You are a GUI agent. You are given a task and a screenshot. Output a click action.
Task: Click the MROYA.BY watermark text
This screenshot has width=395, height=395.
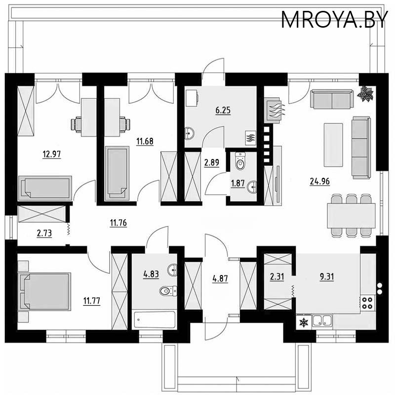pyautogui.click(x=334, y=20)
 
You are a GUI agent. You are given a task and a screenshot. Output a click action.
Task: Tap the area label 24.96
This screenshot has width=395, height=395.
pyautogui.click(x=319, y=181)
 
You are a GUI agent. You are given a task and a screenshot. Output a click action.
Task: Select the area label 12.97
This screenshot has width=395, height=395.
pyautogui.click(x=52, y=154)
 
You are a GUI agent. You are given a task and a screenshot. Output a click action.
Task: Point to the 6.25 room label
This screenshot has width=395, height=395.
pyautogui.click(x=223, y=110)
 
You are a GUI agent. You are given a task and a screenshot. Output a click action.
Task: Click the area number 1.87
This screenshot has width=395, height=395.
pyautogui.click(x=238, y=183)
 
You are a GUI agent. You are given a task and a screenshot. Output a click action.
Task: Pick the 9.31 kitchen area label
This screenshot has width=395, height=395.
pyautogui.click(x=327, y=277)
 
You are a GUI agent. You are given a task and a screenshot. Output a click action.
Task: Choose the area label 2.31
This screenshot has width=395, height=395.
pyautogui.click(x=277, y=277)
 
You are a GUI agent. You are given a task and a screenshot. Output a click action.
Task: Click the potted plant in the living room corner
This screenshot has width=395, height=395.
pyautogui.click(x=365, y=94)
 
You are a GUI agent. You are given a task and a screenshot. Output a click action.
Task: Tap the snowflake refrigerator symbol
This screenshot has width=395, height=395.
pyautogui.click(x=304, y=322)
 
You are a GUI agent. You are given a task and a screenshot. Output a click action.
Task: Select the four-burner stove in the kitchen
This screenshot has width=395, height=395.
pyautogui.click(x=367, y=303)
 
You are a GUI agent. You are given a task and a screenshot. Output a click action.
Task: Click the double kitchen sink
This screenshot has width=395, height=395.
pyautogui.click(x=322, y=320)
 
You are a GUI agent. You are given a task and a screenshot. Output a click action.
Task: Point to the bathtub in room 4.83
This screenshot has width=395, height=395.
pyautogui.click(x=155, y=319)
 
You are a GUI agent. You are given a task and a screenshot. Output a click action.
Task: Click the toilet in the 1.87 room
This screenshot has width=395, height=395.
pyautogui.click(x=240, y=161)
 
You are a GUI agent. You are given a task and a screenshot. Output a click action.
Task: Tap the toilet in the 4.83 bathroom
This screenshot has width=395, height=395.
pyautogui.click(x=168, y=291)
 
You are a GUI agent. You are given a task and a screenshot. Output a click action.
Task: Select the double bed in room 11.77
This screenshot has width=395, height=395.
pyautogui.click(x=44, y=291)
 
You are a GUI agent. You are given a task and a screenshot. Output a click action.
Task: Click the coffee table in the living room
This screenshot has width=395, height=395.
pyautogui.click(x=333, y=145)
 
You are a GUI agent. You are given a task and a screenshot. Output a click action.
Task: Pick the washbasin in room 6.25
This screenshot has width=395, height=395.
pyautogui.click(x=189, y=133)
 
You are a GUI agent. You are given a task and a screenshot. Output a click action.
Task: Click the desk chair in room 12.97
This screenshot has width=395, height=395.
pyautogui.click(x=77, y=124)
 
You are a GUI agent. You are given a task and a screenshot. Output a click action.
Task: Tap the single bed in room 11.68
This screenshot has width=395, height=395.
pyautogui.click(x=117, y=173)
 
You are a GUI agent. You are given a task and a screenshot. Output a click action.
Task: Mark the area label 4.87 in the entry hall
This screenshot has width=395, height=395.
pyautogui.click(x=220, y=278)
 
